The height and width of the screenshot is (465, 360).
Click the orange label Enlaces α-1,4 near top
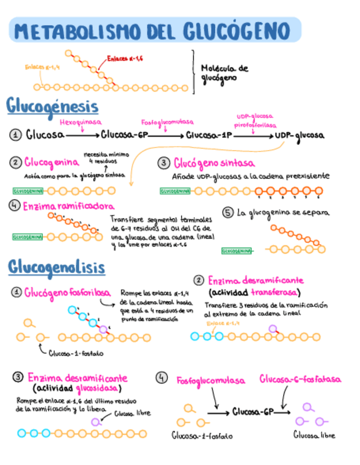[42, 67]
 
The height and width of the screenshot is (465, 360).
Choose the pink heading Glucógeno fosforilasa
[68, 293]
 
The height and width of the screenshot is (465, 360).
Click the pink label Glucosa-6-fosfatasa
[300, 379]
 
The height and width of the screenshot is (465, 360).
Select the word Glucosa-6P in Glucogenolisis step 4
[252, 411]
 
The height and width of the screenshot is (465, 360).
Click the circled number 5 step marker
[228, 212]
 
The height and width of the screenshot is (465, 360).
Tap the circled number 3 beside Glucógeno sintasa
[163, 163]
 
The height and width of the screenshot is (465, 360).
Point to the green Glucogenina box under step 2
[29, 191]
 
